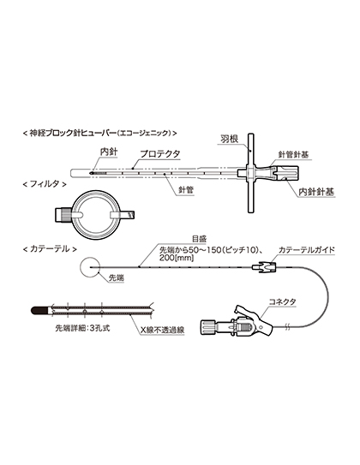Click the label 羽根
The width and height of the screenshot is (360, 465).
229,139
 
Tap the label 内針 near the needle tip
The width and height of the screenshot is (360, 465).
108,152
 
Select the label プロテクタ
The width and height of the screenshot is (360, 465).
160,154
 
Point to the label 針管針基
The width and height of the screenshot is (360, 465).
292,155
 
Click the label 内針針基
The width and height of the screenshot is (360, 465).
316,192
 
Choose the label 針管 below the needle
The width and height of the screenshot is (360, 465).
186,190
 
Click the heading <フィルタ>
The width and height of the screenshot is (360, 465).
45,184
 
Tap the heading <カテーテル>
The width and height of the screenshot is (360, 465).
50,249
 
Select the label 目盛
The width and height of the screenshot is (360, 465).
199,239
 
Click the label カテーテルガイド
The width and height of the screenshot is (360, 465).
306,250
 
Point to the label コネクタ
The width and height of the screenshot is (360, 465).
282,302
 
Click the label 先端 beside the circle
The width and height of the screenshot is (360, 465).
117,277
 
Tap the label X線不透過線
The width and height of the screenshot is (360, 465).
162,330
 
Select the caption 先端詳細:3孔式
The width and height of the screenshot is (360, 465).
82,328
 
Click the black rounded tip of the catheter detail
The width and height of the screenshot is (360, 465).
39,311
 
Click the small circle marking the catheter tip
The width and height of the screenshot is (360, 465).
89,268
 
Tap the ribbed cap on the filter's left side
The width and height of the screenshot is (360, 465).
63,215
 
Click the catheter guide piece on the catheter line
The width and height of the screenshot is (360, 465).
264,267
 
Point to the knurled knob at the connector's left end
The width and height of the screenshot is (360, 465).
207,327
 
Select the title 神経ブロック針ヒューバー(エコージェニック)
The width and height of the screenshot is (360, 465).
100,133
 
